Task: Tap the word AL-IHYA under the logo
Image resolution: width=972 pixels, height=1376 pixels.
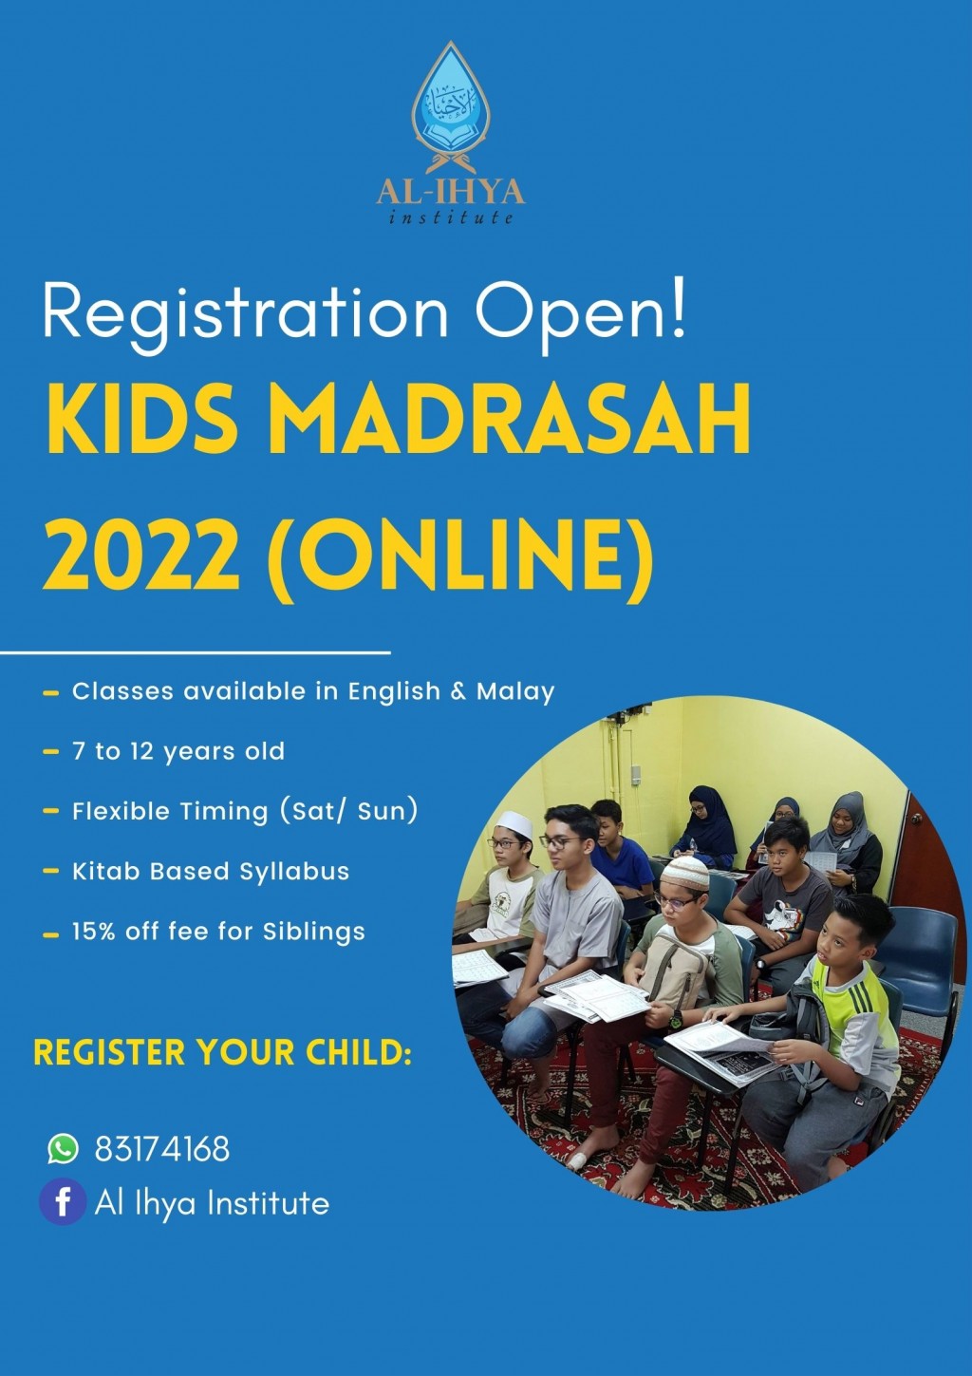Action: click(451, 192)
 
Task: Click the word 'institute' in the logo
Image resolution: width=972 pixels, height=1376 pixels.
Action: click(451, 217)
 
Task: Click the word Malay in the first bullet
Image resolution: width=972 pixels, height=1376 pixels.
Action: click(515, 692)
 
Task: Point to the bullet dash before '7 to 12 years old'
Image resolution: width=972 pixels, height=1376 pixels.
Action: click(51, 752)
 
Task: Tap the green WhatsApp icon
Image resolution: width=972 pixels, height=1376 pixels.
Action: click(63, 1148)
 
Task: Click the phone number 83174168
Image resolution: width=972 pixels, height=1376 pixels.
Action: click(162, 1149)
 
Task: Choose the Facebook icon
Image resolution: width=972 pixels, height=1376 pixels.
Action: click(63, 1202)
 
